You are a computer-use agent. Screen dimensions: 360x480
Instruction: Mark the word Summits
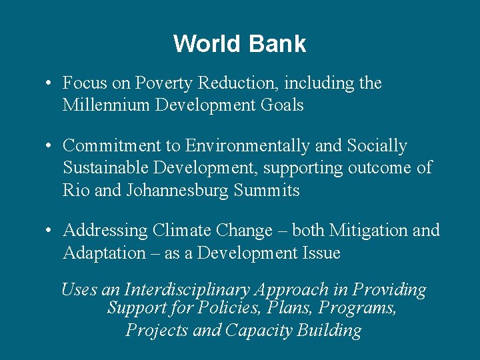(267, 190)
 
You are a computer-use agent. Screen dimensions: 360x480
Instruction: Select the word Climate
(179, 231)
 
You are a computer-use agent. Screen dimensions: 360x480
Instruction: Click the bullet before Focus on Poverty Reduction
(49, 84)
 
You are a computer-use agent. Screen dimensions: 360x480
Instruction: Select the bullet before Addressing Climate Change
(49, 231)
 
